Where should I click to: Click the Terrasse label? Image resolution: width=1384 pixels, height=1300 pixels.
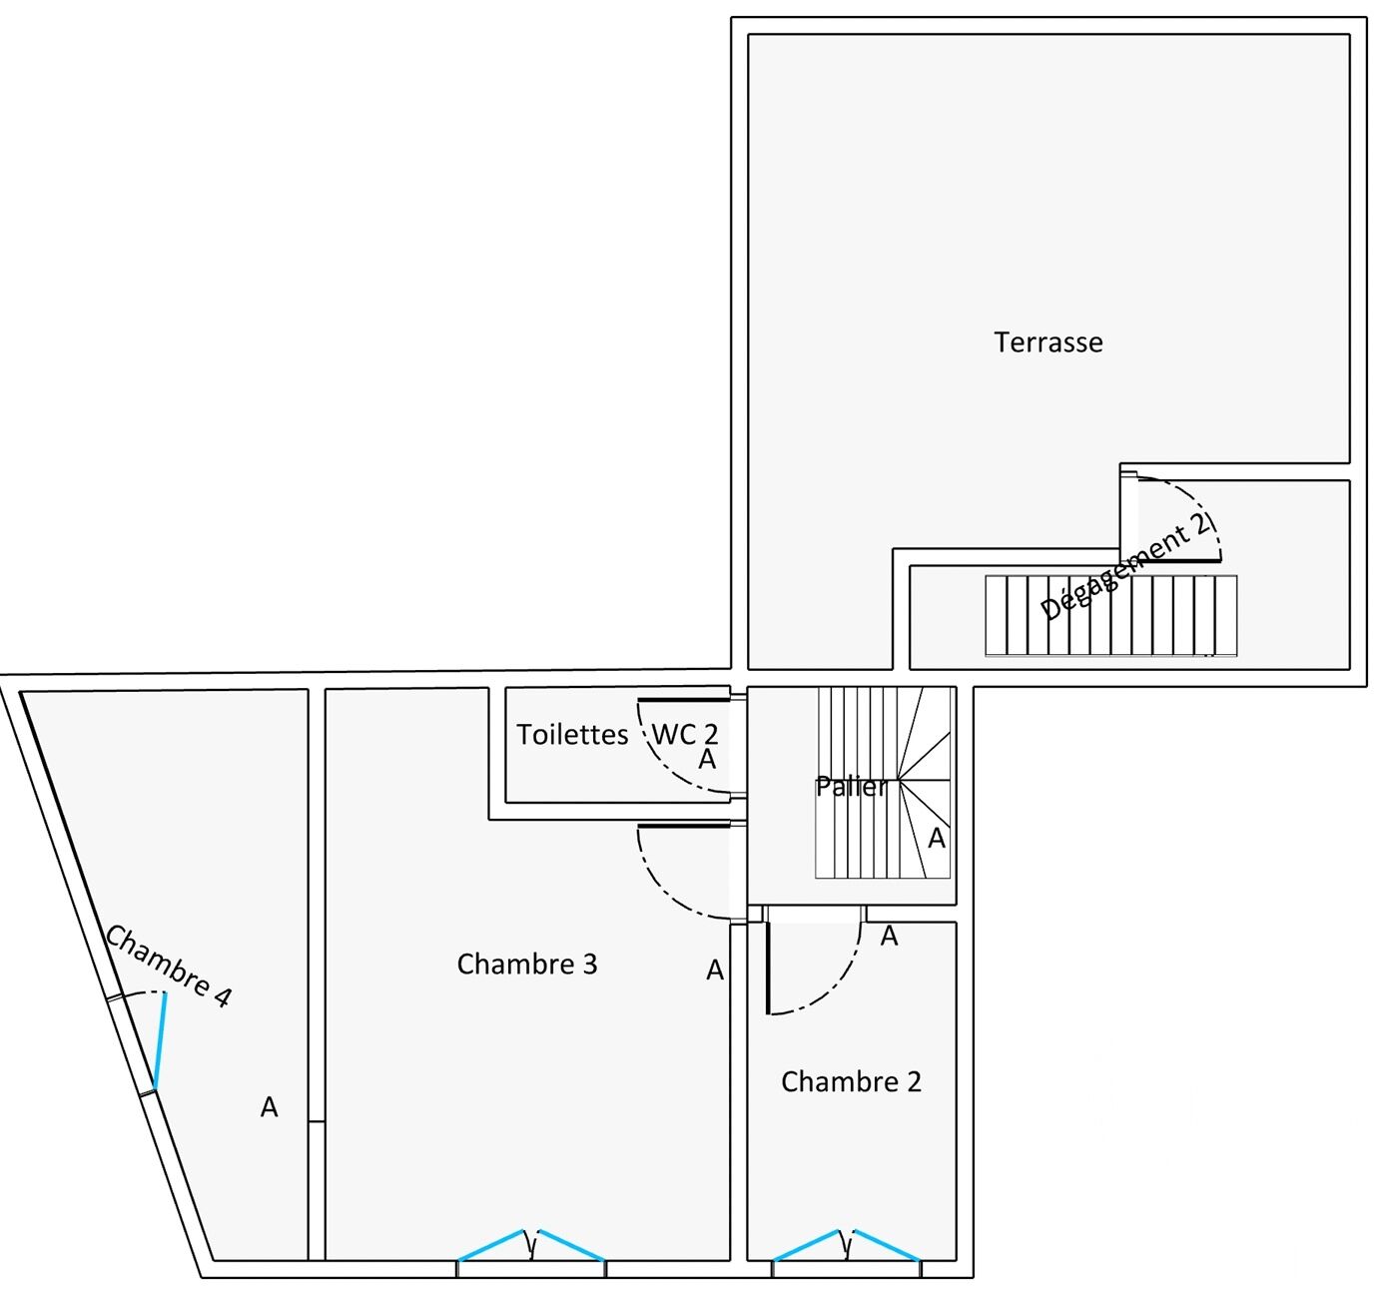click(x=1048, y=342)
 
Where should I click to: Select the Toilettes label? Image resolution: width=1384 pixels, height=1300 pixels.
click(x=572, y=735)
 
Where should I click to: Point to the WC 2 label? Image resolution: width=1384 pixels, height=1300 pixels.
click(x=685, y=734)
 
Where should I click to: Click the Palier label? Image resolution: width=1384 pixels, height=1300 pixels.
click(x=851, y=787)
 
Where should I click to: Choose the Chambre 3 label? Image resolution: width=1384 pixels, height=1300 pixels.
click(x=527, y=965)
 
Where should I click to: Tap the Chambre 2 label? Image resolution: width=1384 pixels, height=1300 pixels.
click(x=851, y=1082)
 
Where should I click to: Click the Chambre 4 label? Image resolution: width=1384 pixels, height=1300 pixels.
click(x=169, y=966)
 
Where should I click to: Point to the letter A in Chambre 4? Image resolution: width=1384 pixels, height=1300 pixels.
click(x=269, y=1107)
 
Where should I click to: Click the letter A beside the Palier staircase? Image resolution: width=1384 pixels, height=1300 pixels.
click(x=937, y=839)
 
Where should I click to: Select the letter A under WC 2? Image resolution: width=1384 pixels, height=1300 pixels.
click(x=707, y=760)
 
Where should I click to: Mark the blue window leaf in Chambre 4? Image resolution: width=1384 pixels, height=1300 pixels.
click(x=160, y=1039)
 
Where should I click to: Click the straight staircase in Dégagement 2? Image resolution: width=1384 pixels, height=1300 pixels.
click(x=1110, y=616)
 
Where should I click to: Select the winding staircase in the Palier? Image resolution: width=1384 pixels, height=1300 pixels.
click(x=884, y=784)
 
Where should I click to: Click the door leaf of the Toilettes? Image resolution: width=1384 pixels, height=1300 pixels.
click(x=684, y=700)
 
